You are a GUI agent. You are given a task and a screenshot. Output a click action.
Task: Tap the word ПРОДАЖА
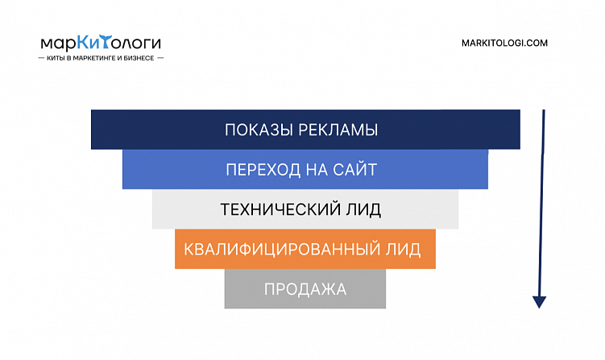pyautogui.click(x=305, y=289)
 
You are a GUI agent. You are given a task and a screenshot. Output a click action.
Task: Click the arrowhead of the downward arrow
pyautogui.click(x=540, y=301)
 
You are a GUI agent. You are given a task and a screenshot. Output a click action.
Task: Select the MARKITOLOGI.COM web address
pyautogui.click(x=505, y=43)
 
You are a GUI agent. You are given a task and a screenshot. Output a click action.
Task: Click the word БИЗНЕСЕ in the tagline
pyautogui.click(x=140, y=59)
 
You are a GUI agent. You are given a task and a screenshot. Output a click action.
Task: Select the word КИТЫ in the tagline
pyautogui.click(x=58, y=59)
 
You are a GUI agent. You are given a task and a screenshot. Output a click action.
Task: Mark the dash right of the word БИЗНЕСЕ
pyautogui.click(x=160, y=59)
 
